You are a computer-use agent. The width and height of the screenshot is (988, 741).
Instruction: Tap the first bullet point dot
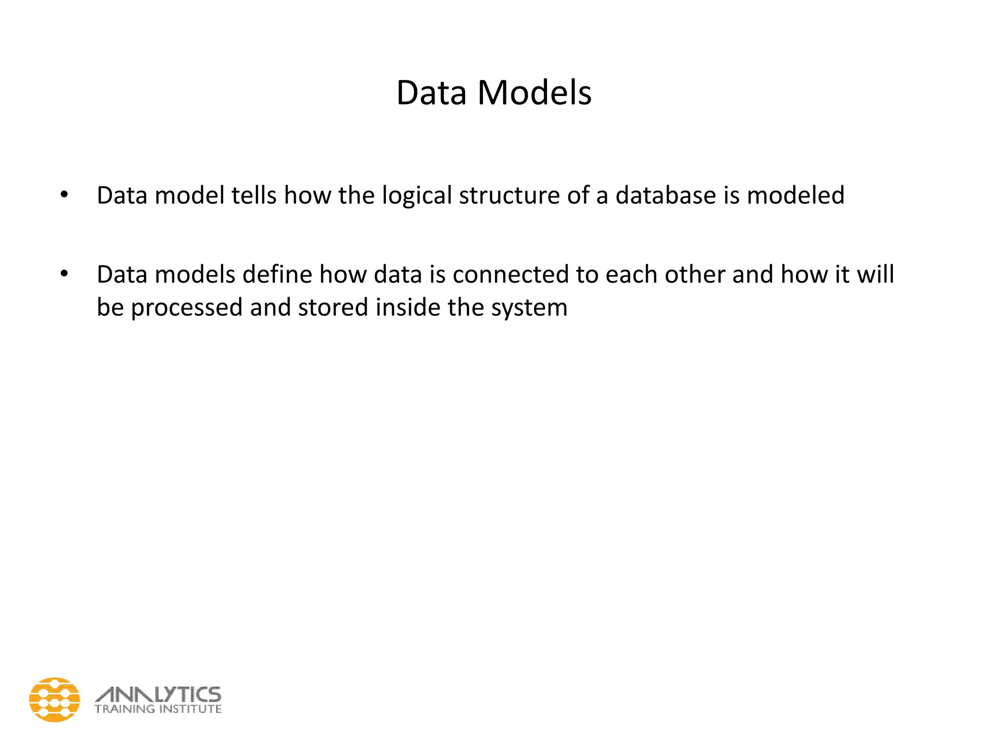click(x=64, y=195)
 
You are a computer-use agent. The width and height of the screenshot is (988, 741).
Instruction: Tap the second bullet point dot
click(x=64, y=274)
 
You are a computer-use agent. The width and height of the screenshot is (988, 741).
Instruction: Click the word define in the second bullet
click(x=277, y=274)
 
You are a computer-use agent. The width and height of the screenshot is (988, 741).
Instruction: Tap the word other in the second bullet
click(x=695, y=274)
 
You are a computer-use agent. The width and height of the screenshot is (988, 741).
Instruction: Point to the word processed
click(x=186, y=308)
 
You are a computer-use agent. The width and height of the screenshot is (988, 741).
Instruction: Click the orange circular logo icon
click(x=55, y=700)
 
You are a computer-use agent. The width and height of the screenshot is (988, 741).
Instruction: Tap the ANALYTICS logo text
click(x=158, y=695)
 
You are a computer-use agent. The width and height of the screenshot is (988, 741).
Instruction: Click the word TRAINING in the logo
click(x=124, y=709)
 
